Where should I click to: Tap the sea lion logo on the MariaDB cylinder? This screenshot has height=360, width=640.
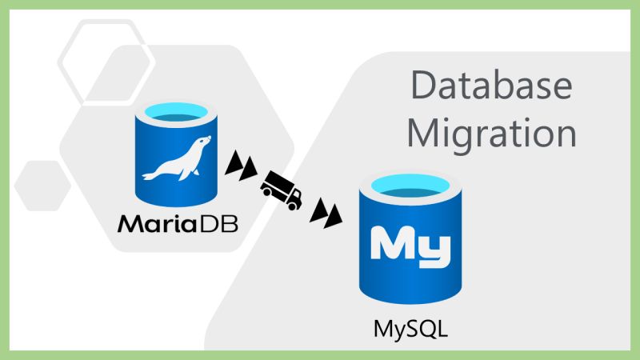point(177,159)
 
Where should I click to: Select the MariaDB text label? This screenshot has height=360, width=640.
point(178,222)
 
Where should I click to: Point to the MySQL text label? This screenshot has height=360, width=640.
point(408,328)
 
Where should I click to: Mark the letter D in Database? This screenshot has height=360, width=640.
point(422,86)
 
